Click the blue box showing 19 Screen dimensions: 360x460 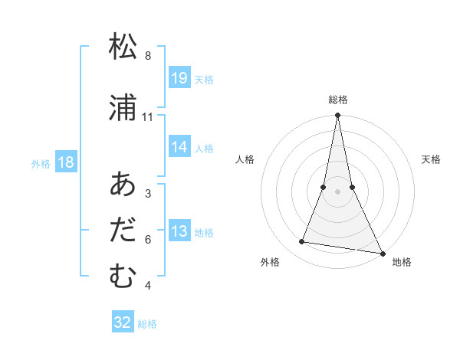(179, 78)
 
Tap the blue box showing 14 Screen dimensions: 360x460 (179, 147)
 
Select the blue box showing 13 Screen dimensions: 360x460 (179, 231)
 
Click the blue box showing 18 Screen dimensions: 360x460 (65, 162)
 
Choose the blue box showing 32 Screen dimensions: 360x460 (123, 322)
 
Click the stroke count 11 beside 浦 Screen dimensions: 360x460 (148, 117)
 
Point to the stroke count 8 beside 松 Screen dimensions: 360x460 (148, 56)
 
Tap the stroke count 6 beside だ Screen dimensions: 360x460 (148, 240)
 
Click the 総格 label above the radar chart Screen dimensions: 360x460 (338, 100)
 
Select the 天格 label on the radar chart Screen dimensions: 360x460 (432, 159)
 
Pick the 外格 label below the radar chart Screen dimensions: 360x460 (270, 262)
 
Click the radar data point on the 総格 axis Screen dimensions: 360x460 (338, 116)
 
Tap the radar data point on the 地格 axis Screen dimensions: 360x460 (381, 252)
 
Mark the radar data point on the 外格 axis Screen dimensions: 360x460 (302, 242)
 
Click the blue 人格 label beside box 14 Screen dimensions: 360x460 (204, 148)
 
